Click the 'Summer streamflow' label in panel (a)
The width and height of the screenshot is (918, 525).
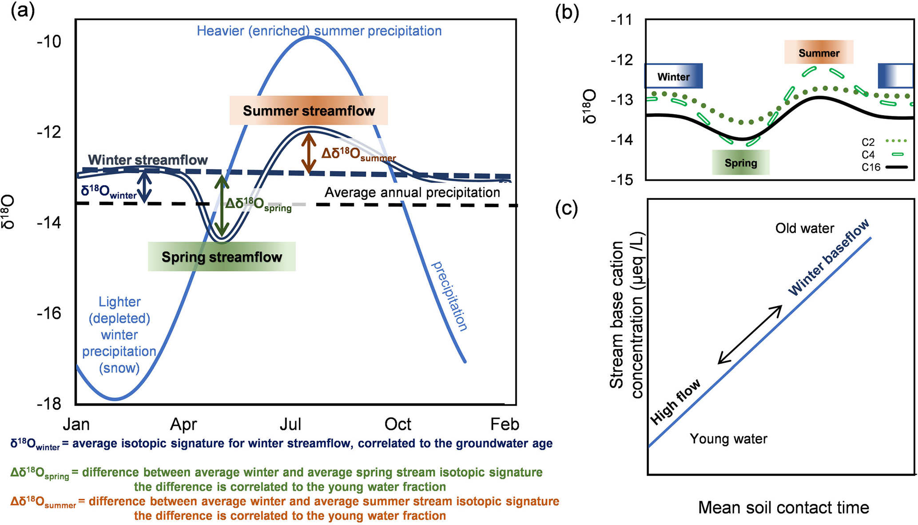click(309, 111)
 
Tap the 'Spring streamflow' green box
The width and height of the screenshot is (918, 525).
click(222, 257)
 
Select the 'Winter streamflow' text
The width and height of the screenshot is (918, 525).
click(148, 160)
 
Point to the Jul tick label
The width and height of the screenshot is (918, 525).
click(290, 424)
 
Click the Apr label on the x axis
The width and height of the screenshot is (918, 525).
click(183, 424)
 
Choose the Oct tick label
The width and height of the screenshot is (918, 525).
click(398, 424)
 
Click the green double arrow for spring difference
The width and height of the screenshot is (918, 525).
click(222, 206)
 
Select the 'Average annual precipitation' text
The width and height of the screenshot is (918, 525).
click(412, 192)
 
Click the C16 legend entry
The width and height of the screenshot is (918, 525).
click(883, 167)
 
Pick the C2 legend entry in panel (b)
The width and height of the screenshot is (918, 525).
click(883, 142)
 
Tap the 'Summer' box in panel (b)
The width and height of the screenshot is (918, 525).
click(819, 53)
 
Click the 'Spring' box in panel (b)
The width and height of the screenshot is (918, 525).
click(740, 163)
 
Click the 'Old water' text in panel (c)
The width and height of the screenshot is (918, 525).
click(804, 228)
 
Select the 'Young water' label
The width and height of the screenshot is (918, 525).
click(728, 439)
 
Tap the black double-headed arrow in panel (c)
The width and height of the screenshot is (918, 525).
click(750, 335)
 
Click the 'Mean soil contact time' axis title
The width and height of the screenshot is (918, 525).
click(783, 507)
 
